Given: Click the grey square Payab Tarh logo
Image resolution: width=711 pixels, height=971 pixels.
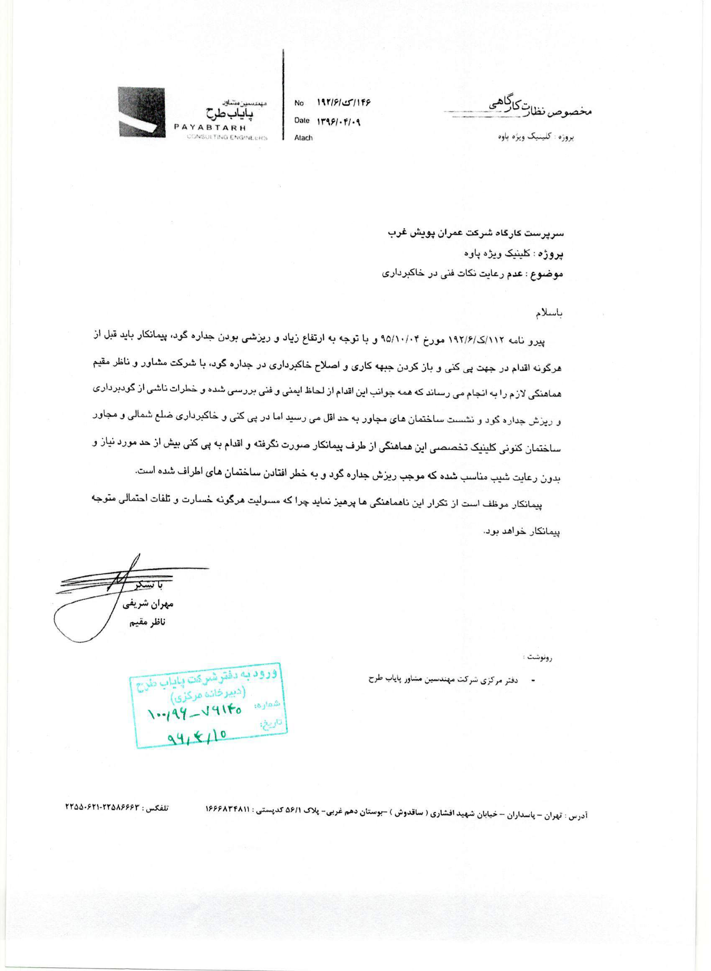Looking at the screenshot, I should point(142,112).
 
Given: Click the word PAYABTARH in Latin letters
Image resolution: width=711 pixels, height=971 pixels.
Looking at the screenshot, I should point(211,128).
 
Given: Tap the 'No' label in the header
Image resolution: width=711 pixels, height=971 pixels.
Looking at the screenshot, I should point(299,103).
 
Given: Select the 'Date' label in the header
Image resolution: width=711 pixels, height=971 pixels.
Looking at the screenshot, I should point(302,121).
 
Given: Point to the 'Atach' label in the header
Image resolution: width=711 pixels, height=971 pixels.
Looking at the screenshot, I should point(303,138).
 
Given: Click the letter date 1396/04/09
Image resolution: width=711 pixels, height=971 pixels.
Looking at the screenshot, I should point(339,122).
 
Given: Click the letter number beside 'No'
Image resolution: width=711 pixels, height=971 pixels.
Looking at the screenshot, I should point(343,103).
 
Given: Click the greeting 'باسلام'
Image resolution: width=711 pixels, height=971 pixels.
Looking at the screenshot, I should point(549,313).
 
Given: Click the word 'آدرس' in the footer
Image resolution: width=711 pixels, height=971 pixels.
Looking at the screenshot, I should point(579,816).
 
